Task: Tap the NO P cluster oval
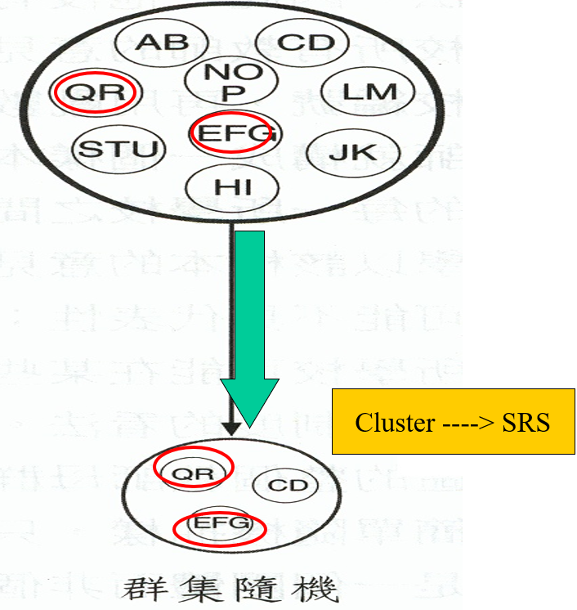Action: [224, 82]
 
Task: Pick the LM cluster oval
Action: [359, 92]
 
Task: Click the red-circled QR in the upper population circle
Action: [96, 92]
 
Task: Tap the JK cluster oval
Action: [353, 152]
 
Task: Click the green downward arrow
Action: [250, 327]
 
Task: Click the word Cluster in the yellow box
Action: [384, 423]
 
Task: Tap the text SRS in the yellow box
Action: [528, 423]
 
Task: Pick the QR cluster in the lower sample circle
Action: [194, 471]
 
